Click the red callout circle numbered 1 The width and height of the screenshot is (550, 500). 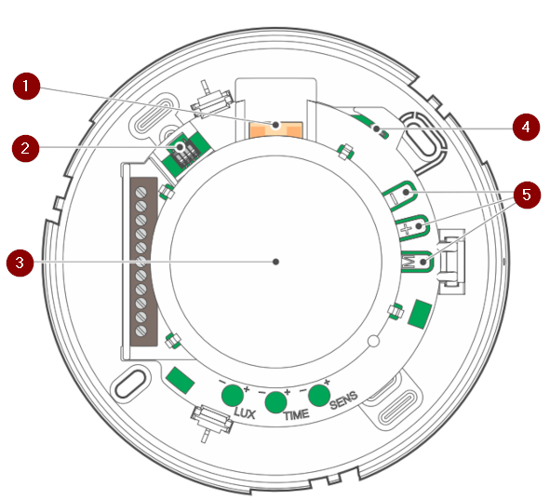point(26,87)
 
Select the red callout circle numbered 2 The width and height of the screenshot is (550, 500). point(25,148)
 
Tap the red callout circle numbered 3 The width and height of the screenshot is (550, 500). point(20,263)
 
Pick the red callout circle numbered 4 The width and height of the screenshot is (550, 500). point(526,127)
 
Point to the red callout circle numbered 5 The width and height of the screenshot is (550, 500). point(527,195)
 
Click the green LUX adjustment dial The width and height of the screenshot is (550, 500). point(233,395)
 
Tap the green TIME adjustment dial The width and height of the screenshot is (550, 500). point(276,402)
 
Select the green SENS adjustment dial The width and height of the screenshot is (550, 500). point(319,396)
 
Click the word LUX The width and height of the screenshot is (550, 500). point(245,413)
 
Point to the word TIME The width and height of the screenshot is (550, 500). point(296,415)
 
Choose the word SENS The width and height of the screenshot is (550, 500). point(343,400)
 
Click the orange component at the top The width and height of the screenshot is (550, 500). point(275,129)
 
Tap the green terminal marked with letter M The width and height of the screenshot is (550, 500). point(418,262)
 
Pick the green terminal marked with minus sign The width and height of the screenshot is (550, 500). point(400,196)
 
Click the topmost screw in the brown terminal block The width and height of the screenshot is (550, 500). point(141,192)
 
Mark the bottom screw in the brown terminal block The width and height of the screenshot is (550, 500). point(141,331)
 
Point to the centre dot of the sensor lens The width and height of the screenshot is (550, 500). point(276,262)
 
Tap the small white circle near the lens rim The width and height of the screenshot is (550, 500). point(373,341)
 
